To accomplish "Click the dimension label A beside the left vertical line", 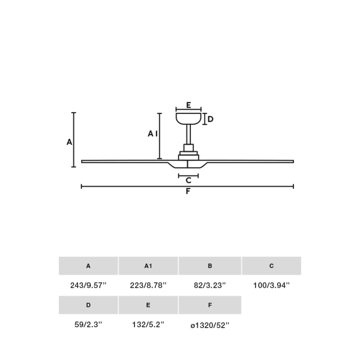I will coord(69,142).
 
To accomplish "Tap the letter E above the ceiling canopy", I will coord(188,105).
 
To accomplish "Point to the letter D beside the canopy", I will coord(210,119).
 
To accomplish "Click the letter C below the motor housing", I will coord(188,180).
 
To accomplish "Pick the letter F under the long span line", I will coord(188,192).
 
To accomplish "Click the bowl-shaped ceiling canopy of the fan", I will coord(188,118).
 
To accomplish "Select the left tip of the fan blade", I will coord(83,161).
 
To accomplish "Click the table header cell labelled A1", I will coord(148,266).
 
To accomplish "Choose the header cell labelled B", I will coord(210,266).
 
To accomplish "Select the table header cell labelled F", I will coord(210,305).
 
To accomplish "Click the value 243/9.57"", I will coord(88,285).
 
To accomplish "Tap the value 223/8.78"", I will coord(148,285).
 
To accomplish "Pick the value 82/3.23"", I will coord(210,285).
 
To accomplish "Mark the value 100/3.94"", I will coord(271,285).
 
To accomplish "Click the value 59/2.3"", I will coord(88,325).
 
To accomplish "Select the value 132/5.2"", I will coord(148,325).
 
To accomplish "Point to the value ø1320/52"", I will coord(210,326).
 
